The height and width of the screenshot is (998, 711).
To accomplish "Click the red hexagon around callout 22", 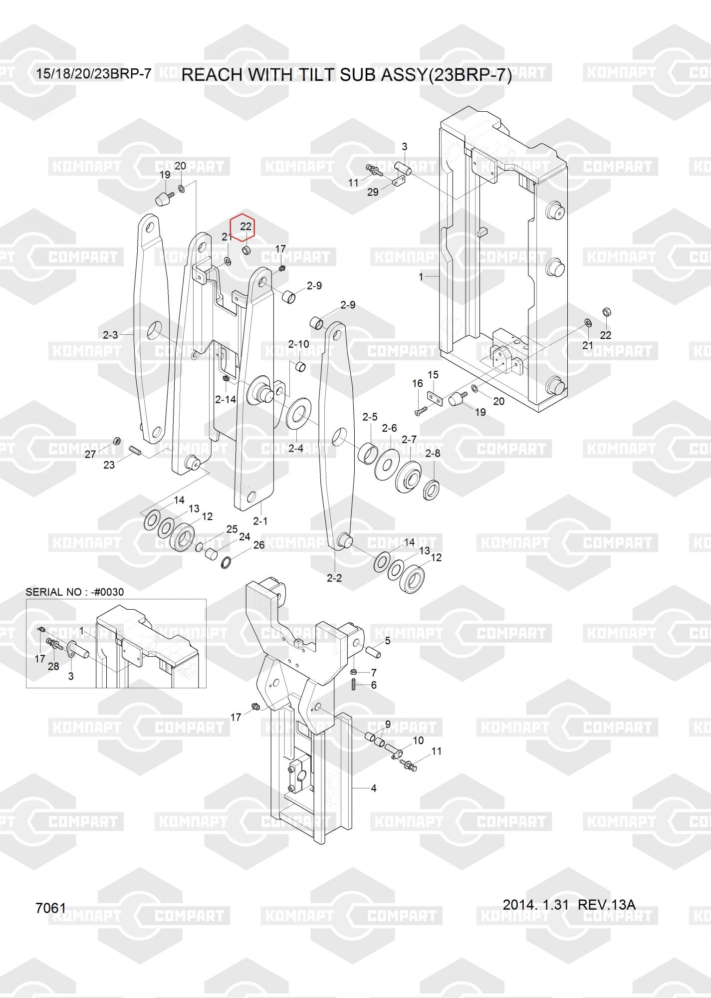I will tap(242, 228).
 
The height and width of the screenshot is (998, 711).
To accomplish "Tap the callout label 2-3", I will tap(110, 335).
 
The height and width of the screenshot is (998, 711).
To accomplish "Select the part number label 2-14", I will tap(226, 400).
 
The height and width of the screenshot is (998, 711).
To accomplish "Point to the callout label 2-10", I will tap(298, 344).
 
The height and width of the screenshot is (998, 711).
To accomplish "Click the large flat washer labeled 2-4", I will tap(298, 414).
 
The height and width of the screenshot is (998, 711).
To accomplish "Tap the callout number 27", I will tap(90, 455).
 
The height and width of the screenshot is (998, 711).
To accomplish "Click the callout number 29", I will tap(373, 192).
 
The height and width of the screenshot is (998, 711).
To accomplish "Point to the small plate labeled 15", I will tap(436, 398).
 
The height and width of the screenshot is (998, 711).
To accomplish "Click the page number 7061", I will tap(51, 908).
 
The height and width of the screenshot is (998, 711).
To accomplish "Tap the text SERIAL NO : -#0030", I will tap(75, 592).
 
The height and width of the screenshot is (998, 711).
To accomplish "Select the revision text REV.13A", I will tap(606, 904).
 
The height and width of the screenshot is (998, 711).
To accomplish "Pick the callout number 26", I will tap(258, 545).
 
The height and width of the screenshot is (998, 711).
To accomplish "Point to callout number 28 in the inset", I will tap(53, 666).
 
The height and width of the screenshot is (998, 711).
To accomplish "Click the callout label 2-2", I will tap(334, 578).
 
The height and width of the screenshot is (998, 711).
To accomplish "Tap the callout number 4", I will tap(373, 788).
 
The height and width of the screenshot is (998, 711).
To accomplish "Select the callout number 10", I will tap(418, 740).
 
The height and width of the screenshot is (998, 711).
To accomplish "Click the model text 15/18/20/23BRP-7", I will tap(94, 74).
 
